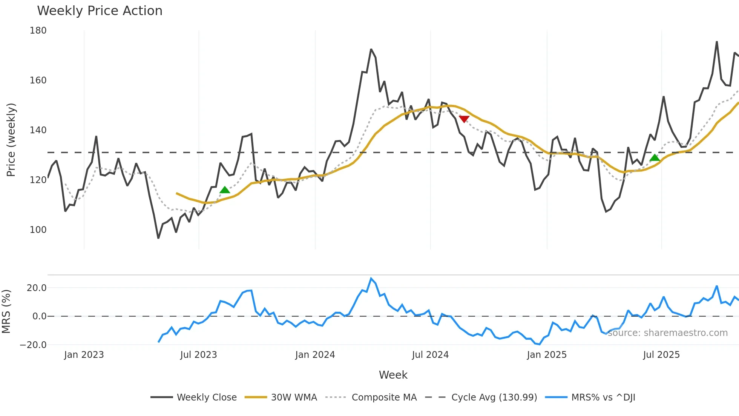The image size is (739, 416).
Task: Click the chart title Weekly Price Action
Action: coord(100,11)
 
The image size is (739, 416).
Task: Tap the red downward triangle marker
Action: coord(464,119)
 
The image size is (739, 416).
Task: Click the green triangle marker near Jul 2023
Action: coord(225,190)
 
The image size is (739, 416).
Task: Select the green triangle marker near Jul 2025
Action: coord(655,157)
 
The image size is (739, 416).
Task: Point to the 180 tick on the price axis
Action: coord(38,31)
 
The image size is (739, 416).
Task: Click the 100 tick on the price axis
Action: coord(38,230)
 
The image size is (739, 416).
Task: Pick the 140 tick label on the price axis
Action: coord(38,130)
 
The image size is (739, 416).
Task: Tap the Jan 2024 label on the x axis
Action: coord(315,355)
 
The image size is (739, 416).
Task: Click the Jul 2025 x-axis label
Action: coord(661,355)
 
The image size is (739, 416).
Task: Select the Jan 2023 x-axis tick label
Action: coord(84,355)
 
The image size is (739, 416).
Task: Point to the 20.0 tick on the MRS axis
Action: coord(37,288)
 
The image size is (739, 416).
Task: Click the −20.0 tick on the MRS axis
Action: coord(33,345)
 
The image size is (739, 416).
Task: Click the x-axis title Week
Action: coord(393,375)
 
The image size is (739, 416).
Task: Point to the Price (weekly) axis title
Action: coord(11,140)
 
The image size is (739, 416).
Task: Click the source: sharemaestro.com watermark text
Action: coord(667,333)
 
